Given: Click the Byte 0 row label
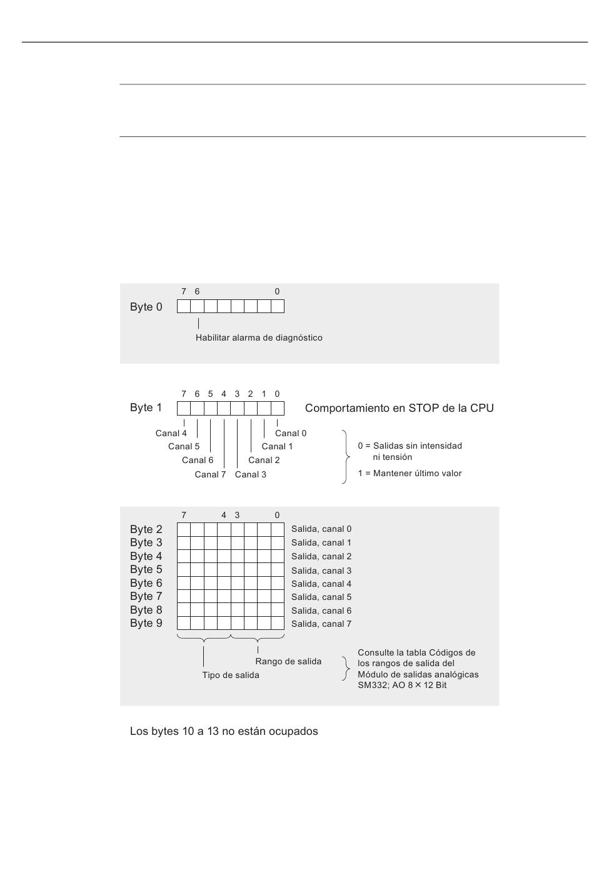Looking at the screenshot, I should (146, 307).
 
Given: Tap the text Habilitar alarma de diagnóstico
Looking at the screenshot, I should (259, 337).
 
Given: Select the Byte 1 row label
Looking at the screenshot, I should (146, 407).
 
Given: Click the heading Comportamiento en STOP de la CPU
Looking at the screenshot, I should (399, 408).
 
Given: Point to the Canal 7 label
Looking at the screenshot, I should (210, 474).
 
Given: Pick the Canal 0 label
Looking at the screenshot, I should (291, 433).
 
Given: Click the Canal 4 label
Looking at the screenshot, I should (171, 433).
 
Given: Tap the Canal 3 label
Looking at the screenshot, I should (251, 474).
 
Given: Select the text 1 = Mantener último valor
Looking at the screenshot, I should (410, 473).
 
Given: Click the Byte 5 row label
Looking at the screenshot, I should (146, 569).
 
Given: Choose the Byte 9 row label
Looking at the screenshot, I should (146, 623).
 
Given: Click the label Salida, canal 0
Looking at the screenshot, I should (321, 529).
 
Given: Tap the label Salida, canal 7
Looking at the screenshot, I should (321, 624).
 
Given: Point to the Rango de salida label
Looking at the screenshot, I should (288, 661).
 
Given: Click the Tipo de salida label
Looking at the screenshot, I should (231, 675).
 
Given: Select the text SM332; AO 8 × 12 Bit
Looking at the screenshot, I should (402, 685).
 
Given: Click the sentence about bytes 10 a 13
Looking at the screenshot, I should (224, 731).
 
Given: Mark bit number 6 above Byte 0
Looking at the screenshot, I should (197, 291).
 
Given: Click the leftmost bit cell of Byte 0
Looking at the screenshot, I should (184, 306).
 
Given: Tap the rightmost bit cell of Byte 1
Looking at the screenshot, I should (278, 408).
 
